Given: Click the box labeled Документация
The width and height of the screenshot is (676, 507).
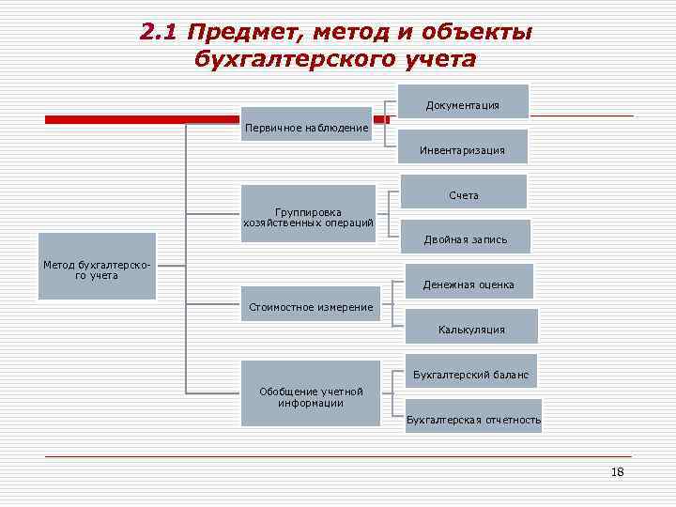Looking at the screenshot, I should pos(462,104).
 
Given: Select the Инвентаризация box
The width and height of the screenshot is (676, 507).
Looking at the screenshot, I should pos(464,149).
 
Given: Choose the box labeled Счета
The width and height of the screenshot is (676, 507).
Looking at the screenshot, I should pos(464,194).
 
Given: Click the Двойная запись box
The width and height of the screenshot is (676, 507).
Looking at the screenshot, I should pos(465,238).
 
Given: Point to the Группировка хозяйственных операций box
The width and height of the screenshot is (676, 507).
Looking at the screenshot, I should pos(308,217).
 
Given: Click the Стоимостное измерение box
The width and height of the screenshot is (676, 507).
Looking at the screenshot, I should pos(311,306).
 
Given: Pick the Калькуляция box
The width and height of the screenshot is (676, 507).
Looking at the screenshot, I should pos(471,329).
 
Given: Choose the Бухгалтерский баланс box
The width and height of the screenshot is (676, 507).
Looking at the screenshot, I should pos(470,374).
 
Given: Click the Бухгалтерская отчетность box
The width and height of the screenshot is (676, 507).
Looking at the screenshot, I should pos(473,419).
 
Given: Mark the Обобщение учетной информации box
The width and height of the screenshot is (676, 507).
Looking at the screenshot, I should pos(310,396).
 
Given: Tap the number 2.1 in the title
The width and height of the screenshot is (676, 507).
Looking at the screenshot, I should pos(159,33).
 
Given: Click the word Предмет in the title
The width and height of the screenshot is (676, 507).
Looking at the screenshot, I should pos(238,33).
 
